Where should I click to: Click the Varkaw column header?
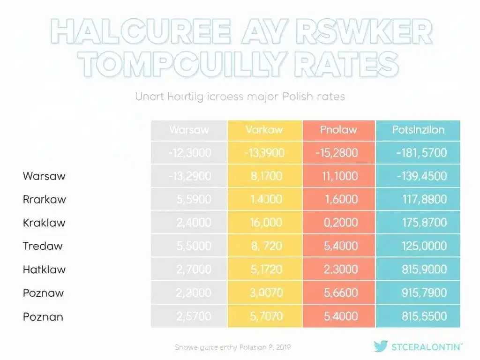click(264, 129)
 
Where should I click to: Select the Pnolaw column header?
click(338, 129)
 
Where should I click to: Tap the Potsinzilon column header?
click(418, 129)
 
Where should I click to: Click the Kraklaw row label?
click(44, 223)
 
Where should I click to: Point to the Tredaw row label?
click(43, 246)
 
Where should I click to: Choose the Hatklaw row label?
click(44, 270)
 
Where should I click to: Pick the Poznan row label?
click(43, 316)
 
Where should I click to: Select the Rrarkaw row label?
click(44, 199)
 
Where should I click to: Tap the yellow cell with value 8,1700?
click(264, 176)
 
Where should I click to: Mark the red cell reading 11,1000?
click(338, 176)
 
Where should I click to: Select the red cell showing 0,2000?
click(338, 223)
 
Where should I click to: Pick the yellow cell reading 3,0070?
click(264, 293)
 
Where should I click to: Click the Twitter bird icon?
click(381, 346)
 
